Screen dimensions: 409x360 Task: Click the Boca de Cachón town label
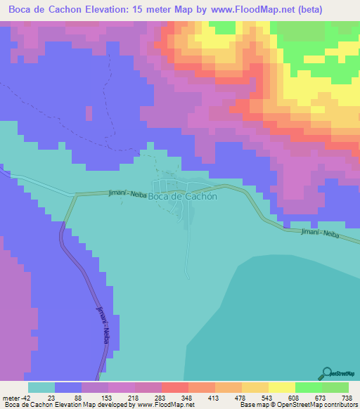(x=186, y=197)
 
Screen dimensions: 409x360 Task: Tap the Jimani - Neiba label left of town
(x=127, y=193)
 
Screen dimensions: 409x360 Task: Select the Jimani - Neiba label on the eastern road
(x=320, y=234)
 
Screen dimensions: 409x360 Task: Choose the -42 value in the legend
(x=23, y=398)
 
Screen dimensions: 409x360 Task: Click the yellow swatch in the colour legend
(x=255, y=387)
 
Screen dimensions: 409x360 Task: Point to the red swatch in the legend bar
(x=174, y=387)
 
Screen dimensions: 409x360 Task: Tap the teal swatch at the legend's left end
(x=41, y=387)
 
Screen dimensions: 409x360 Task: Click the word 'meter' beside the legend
(x=11, y=398)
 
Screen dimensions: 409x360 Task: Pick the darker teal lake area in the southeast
(x=295, y=309)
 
